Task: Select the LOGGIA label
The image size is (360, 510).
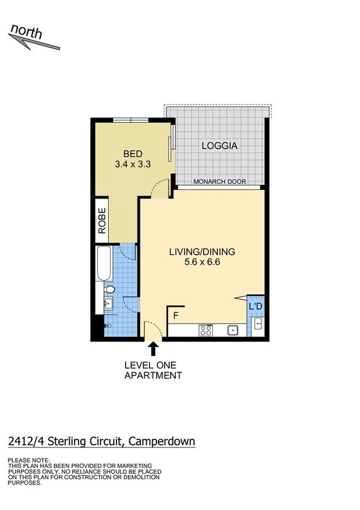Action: click(x=219, y=146)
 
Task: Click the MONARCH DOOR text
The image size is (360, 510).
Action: click(x=219, y=182)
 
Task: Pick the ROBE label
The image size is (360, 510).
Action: click(x=102, y=221)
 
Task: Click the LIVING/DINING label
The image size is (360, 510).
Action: click(x=201, y=252)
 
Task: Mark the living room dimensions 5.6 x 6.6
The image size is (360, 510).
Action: click(x=201, y=263)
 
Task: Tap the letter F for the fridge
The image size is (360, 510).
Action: click(x=176, y=315)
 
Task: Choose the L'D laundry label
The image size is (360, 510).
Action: click(x=255, y=307)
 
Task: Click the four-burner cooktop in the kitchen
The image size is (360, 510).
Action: click(x=206, y=330)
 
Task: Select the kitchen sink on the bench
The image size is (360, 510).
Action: click(x=232, y=330)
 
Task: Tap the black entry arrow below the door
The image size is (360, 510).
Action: click(x=153, y=349)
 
